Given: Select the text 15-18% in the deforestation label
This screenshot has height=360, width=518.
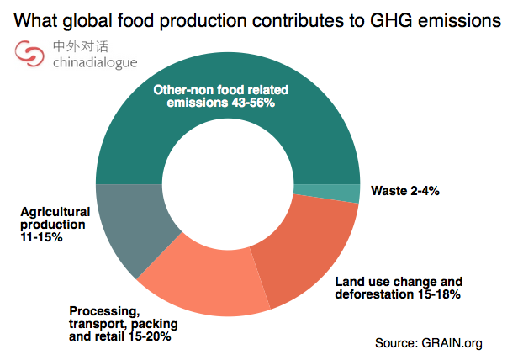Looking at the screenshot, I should click(435, 295).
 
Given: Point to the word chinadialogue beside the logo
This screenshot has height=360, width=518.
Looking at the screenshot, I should click(94, 63).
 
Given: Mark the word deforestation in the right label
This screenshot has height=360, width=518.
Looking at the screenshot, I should click(371, 295).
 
